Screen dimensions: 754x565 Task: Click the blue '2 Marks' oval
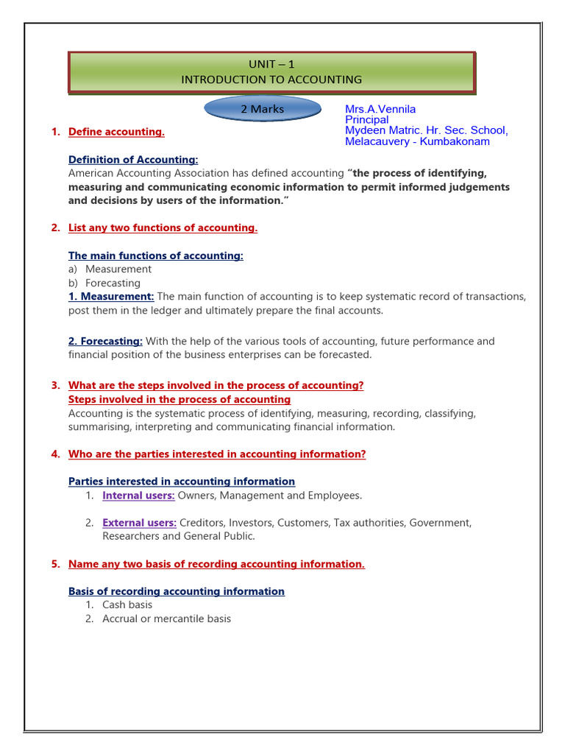point(262,109)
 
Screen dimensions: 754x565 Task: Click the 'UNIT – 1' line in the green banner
point(272,65)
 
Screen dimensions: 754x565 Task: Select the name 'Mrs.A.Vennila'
point(380,109)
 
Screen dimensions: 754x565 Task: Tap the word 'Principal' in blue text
point(366,120)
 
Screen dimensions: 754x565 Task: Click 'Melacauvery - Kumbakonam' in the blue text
point(417,141)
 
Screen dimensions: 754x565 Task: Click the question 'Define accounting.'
point(116,132)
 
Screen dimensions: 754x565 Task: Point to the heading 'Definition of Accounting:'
point(133,160)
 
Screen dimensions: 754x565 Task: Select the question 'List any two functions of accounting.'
point(163,228)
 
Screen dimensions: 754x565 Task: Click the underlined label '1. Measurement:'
point(111,296)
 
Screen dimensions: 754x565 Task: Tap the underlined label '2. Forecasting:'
point(105,341)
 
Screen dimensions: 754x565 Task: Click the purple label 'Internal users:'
point(138,496)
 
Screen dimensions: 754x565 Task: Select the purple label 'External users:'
point(139,523)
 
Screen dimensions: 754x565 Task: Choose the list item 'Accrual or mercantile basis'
point(166,619)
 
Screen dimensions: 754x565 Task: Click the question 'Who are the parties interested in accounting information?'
point(217,454)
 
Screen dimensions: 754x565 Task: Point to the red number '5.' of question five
point(55,564)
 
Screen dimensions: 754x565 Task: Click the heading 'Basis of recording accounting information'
point(177,591)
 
